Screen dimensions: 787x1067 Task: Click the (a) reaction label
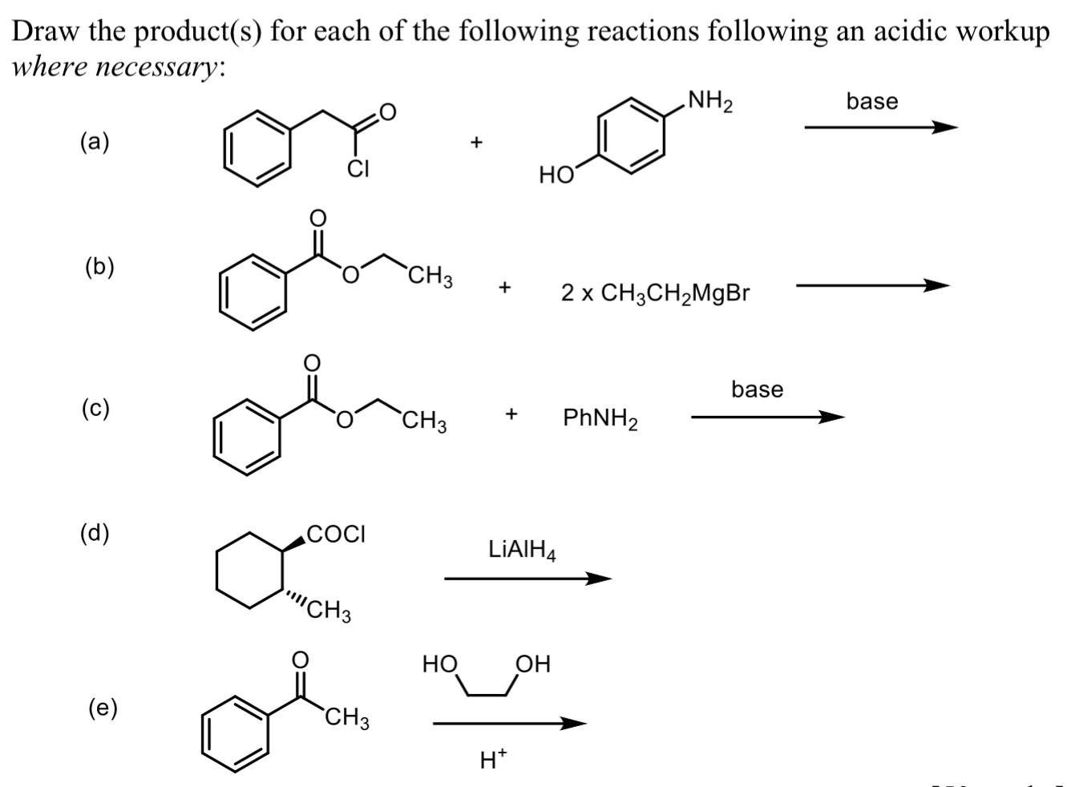point(95,142)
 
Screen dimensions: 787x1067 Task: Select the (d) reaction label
point(95,533)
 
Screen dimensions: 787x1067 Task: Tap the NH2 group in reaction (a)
point(709,103)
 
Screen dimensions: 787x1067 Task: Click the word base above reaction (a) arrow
point(872,101)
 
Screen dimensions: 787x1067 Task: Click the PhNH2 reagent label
point(600,418)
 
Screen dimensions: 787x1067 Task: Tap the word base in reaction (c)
point(757,389)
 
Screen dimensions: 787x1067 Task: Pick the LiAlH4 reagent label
point(522,550)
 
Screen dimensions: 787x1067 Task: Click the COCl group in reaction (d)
point(337,533)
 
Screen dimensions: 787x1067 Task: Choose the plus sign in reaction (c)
point(511,414)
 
